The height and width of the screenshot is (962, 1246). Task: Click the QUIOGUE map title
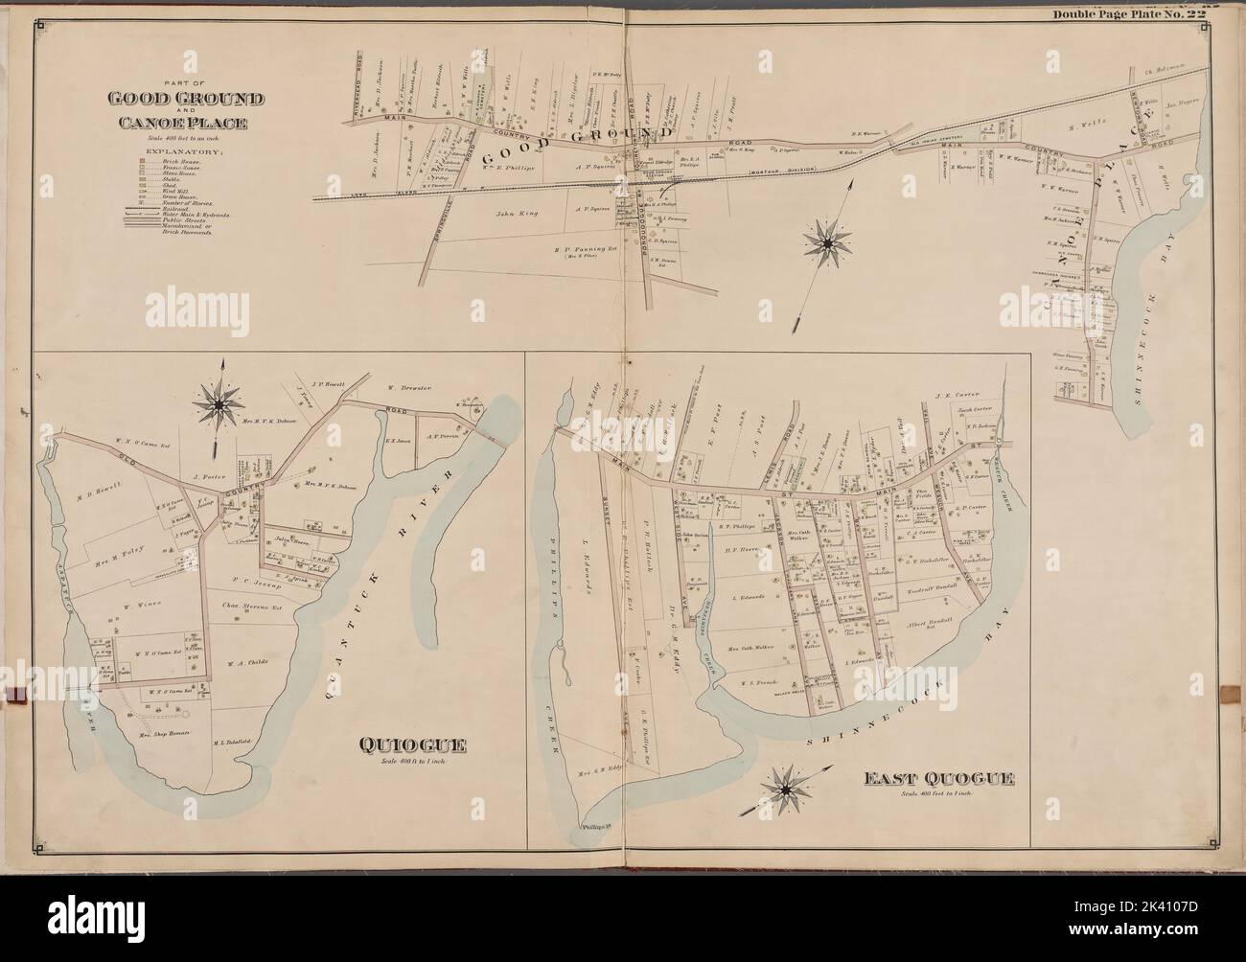(x=412, y=744)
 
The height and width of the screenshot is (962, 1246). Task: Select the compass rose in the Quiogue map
(x=219, y=405)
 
